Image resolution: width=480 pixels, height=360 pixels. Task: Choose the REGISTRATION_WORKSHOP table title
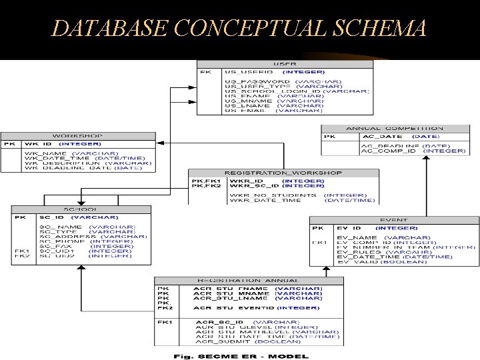pyautogui.click(x=283, y=173)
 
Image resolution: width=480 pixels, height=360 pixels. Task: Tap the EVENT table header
pyautogui.click(x=394, y=219)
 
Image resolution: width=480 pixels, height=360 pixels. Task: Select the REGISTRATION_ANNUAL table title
pyautogui.click(x=249, y=281)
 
